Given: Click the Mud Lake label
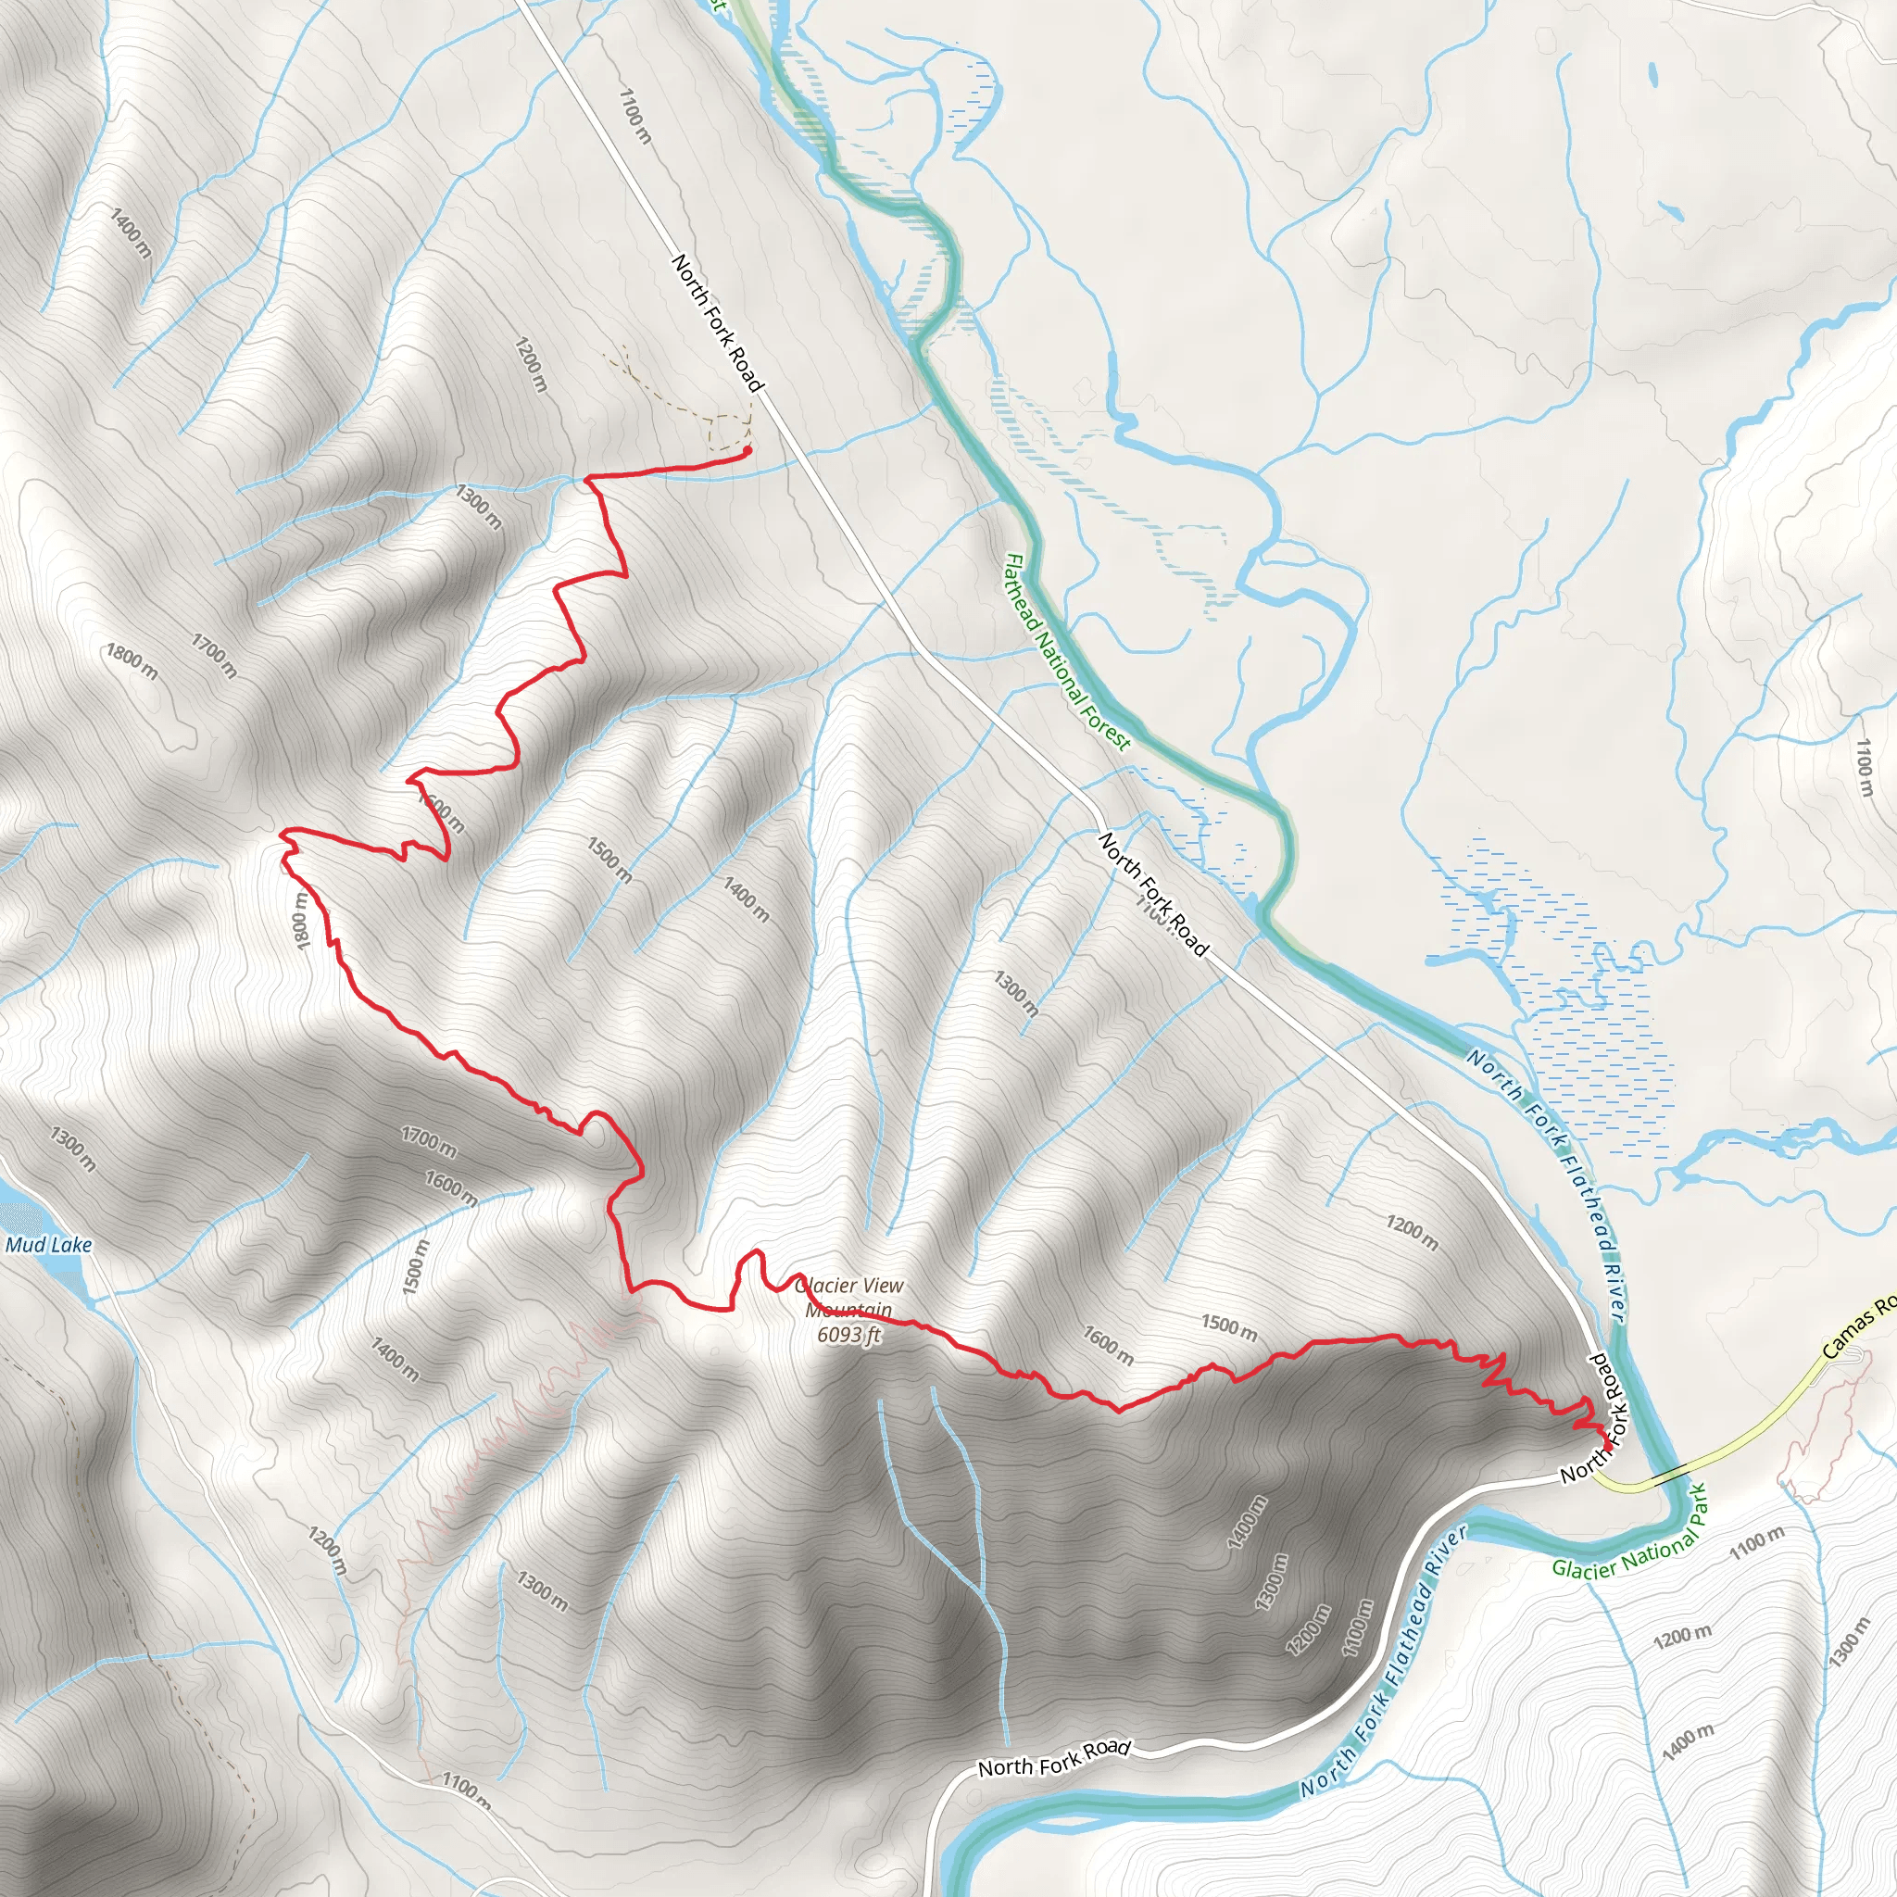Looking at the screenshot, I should click(48, 1245).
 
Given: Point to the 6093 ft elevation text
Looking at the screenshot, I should click(849, 1335).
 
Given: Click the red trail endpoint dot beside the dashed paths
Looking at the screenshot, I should click(747, 451).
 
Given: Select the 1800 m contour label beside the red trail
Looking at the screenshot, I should click(301, 920).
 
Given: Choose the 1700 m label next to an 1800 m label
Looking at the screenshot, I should click(214, 657).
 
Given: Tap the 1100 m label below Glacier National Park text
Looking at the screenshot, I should click(1756, 1541).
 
